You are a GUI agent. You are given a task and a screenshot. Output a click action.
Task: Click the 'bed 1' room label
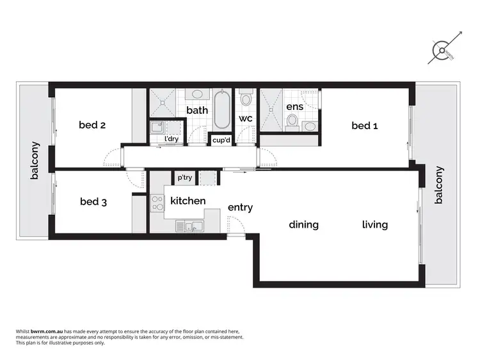coord(365,126)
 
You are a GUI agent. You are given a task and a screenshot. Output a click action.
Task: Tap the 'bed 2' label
coord(92,125)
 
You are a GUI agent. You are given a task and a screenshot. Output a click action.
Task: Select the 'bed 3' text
coord(93,202)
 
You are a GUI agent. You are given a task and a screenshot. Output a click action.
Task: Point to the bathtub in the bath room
coord(222,109)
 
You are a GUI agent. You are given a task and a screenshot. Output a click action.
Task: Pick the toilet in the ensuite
coord(292,120)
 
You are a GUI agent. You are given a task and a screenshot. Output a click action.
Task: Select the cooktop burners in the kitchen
coord(157,203)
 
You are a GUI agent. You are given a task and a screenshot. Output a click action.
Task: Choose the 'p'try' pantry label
coord(185,178)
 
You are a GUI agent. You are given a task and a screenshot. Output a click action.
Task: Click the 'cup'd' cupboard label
coord(222,139)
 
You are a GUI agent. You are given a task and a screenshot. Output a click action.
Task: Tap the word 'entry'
coord(240,208)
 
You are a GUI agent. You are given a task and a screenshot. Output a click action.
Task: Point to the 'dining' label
coord(303,224)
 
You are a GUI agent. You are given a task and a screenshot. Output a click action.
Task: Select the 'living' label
coord(374,224)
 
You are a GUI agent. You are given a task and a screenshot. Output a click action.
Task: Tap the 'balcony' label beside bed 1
coord(438,185)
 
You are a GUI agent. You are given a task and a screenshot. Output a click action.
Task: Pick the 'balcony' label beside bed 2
coord(35,160)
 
